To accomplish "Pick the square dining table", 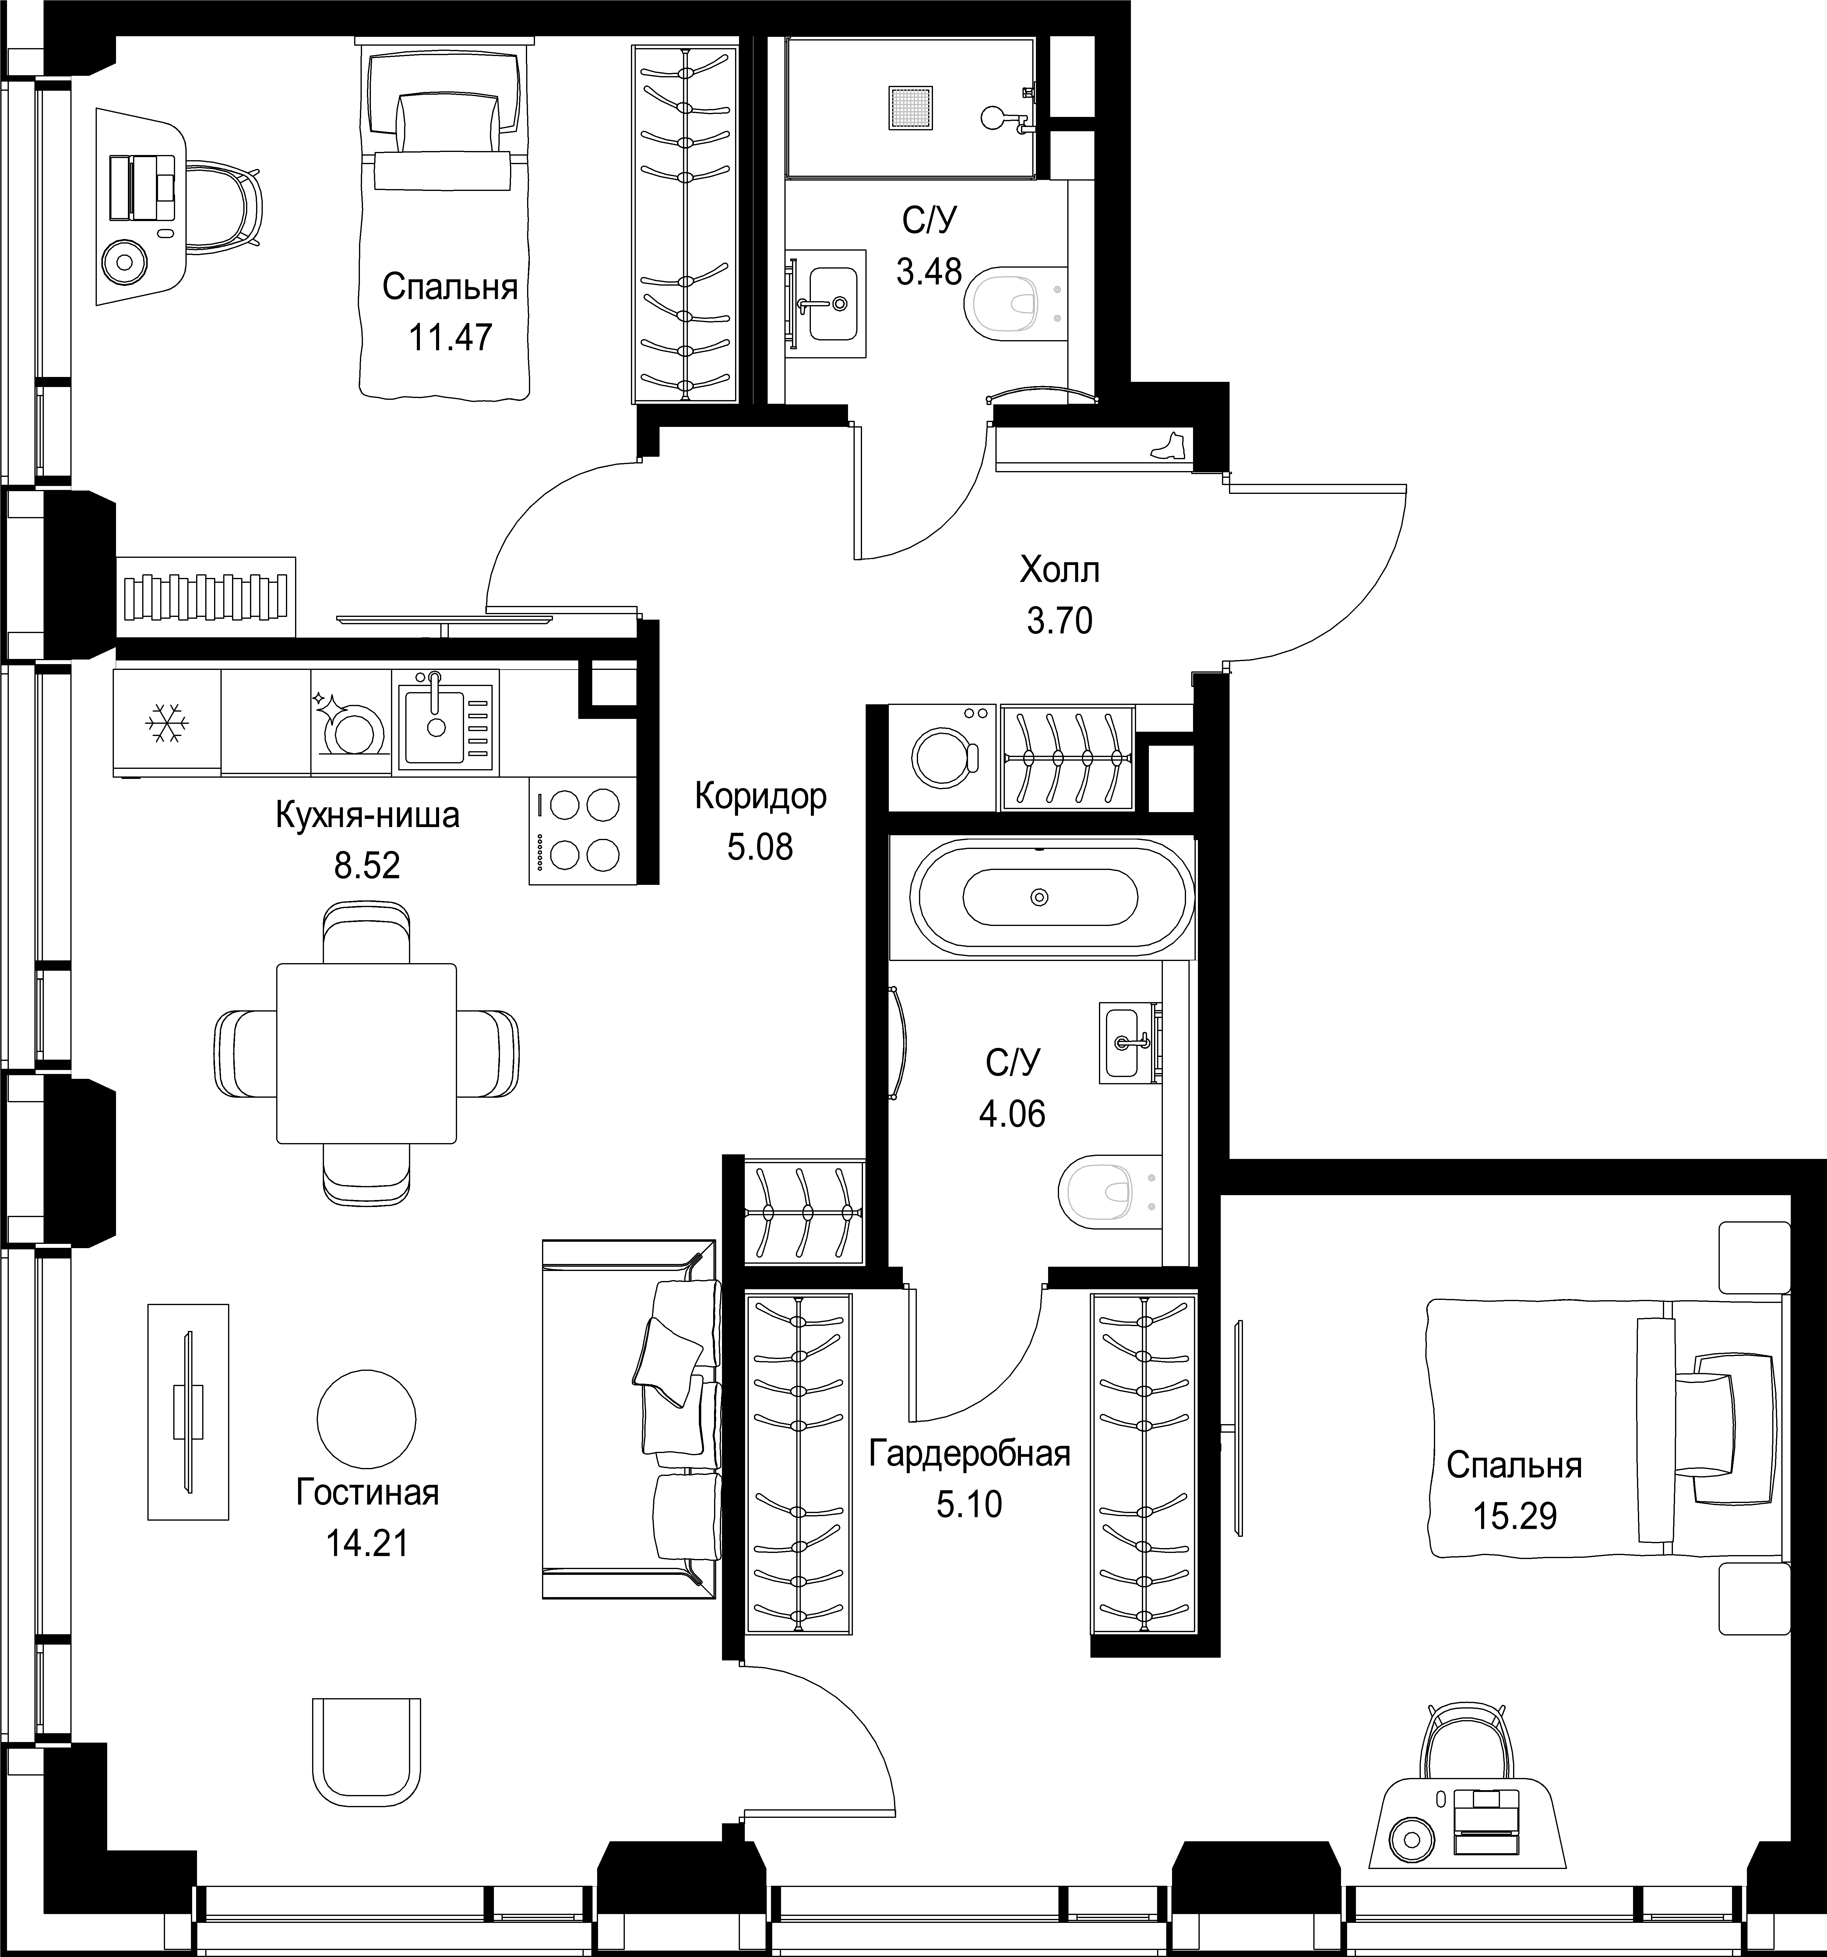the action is click(x=366, y=1053).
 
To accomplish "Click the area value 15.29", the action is click(x=1515, y=1516).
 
